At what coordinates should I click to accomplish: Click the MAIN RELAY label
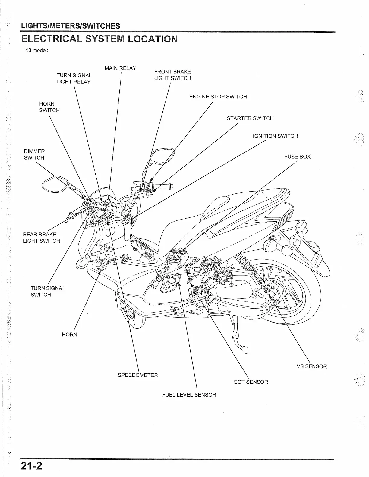point(120,68)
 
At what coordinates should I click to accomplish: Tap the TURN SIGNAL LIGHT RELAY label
point(74,79)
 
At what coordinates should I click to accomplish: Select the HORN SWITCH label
point(49,107)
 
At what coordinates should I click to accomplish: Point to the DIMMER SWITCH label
point(34,154)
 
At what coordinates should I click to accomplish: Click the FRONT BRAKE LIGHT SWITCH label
point(172,75)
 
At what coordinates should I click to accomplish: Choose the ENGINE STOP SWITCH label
point(218,97)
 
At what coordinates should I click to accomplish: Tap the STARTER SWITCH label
point(250,118)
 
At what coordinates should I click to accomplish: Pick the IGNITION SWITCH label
point(275,136)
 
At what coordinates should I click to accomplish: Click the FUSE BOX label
point(297,157)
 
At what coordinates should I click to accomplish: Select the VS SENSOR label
point(312,366)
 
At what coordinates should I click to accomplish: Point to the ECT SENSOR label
point(251,382)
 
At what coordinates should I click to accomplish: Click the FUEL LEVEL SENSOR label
point(189,395)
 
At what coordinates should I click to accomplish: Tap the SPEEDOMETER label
point(137,375)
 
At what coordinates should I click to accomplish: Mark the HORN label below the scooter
point(69,335)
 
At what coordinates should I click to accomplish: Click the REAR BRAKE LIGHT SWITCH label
point(41,238)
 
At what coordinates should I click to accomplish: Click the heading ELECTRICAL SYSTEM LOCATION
point(99,39)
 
